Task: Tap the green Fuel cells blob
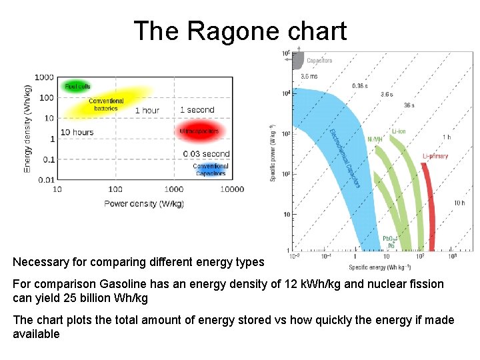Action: (77, 86)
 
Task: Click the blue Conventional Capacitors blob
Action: (211, 170)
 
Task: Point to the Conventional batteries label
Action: (106, 104)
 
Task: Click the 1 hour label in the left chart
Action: (147, 110)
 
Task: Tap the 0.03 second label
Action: (206, 154)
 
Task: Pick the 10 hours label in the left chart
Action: (77, 132)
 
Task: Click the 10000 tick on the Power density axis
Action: (231, 189)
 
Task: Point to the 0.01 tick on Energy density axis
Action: (46, 180)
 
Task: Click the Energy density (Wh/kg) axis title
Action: (27, 128)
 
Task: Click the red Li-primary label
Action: (435, 156)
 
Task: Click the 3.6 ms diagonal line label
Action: (309, 77)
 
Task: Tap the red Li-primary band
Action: (427, 200)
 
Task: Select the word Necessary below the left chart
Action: (41, 262)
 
